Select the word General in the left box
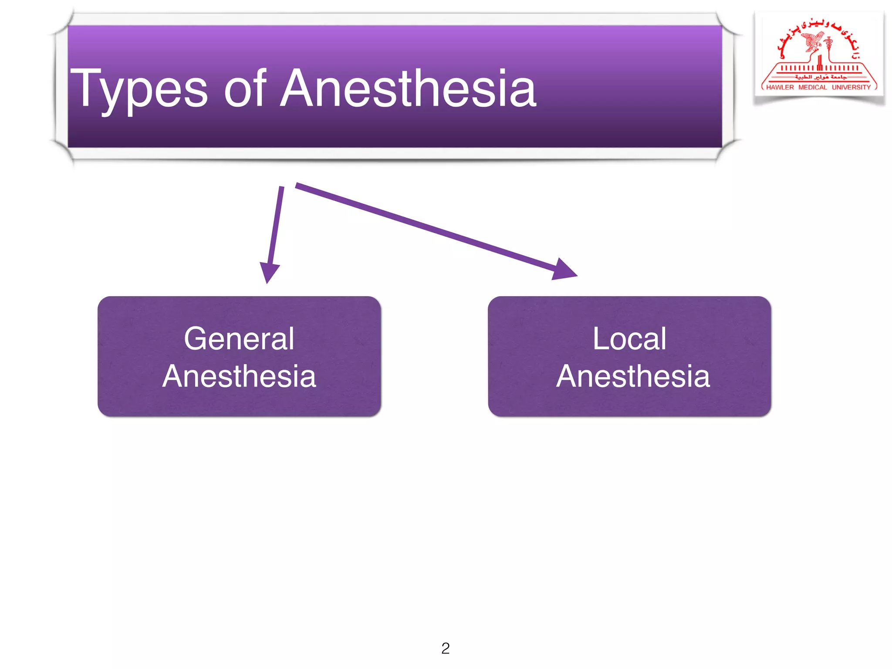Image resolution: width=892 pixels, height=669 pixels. point(239,339)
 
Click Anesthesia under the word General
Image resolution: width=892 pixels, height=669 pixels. point(239,376)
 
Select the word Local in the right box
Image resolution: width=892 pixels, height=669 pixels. point(629,339)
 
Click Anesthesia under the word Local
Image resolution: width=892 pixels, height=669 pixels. point(633,376)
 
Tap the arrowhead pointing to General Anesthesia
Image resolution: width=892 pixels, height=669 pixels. point(269,273)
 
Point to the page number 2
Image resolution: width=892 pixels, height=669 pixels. point(445,648)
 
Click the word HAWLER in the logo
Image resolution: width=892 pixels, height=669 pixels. point(780,87)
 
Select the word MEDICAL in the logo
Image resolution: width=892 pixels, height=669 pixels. point(812,87)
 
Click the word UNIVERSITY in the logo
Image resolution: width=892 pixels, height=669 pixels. point(851,87)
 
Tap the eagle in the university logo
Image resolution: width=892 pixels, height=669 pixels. point(813,42)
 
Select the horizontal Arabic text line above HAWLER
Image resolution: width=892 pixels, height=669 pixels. point(821,77)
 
